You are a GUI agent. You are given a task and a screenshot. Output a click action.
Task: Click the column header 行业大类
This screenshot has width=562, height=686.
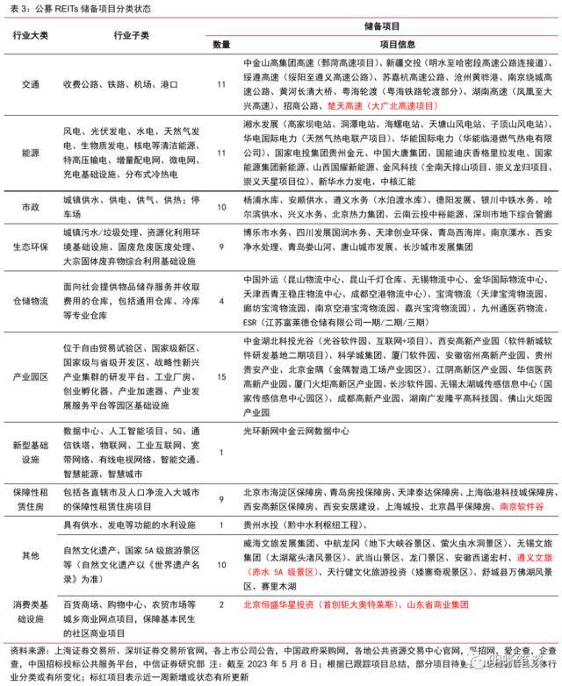pyautogui.click(x=31, y=35)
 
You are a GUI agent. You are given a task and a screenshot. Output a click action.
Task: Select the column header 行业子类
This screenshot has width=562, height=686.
pyautogui.click(x=133, y=35)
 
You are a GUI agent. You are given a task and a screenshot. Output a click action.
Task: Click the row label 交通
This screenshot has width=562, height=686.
pyautogui.click(x=31, y=84)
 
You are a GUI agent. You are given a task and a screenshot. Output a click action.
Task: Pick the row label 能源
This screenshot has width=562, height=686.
pyautogui.click(x=31, y=151)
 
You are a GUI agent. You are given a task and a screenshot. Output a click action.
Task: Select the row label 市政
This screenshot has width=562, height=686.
pyautogui.click(x=31, y=206)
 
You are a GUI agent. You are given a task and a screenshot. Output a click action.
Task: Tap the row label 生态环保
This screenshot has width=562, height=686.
pyautogui.click(x=31, y=248)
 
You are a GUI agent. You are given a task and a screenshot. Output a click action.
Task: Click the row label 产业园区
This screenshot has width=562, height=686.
pyautogui.click(x=31, y=376)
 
